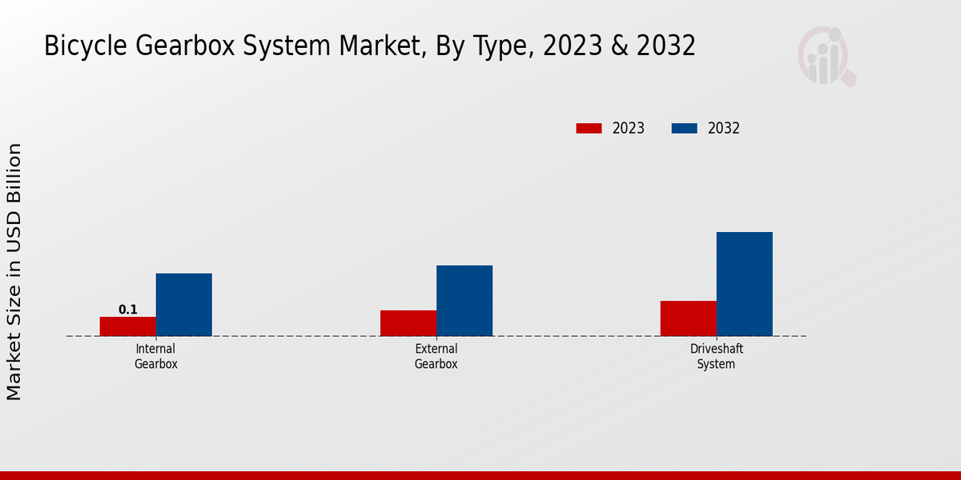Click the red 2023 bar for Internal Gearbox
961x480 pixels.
click(128, 326)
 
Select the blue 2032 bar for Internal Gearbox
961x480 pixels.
click(184, 305)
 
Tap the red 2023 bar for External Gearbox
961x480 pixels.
click(408, 323)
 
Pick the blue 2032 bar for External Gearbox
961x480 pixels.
click(464, 301)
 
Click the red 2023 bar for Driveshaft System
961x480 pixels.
click(689, 318)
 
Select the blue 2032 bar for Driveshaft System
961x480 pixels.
click(745, 284)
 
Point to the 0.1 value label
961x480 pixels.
click(128, 310)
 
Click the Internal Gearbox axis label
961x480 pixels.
click(156, 356)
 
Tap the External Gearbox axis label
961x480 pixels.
click(436, 356)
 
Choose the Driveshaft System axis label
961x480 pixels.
click(716, 356)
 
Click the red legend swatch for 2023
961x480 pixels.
click(589, 128)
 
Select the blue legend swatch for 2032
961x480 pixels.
click(684, 128)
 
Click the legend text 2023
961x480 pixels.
click(629, 128)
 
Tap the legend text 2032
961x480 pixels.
click(724, 128)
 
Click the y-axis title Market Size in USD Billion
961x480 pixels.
click(14, 272)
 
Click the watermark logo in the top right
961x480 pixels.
click(826, 56)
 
